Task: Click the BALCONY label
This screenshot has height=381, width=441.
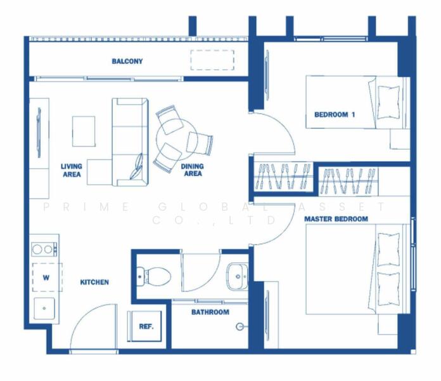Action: [127, 61]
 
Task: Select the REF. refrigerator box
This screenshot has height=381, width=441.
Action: [146, 326]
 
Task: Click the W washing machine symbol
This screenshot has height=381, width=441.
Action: [47, 277]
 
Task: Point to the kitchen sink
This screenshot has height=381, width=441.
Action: [44, 309]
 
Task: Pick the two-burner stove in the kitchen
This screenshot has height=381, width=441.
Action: [44, 249]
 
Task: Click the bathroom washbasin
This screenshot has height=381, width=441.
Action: [237, 276]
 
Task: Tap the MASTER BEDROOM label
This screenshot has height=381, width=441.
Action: [336, 219]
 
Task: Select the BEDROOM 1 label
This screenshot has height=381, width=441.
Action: [335, 115]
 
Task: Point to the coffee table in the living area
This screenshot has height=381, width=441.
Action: [84, 131]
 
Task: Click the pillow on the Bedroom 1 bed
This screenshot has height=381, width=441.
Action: [388, 102]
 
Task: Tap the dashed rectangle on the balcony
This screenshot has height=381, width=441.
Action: [212, 60]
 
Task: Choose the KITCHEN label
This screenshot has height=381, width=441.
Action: [94, 282]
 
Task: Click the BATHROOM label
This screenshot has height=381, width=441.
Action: [210, 312]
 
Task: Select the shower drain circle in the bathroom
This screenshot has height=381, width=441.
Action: [240, 326]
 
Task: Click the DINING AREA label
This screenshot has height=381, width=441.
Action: [193, 170]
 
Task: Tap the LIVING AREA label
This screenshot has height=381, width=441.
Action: [72, 170]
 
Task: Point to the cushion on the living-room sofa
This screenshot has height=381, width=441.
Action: [137, 166]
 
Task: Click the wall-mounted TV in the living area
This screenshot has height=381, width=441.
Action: [39, 133]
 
